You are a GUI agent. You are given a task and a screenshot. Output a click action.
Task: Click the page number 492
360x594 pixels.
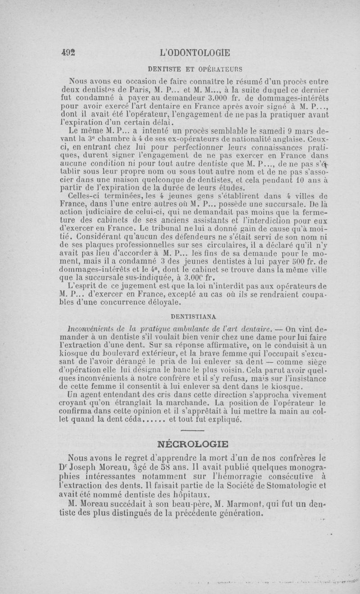pyautogui.click(x=67, y=52)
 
